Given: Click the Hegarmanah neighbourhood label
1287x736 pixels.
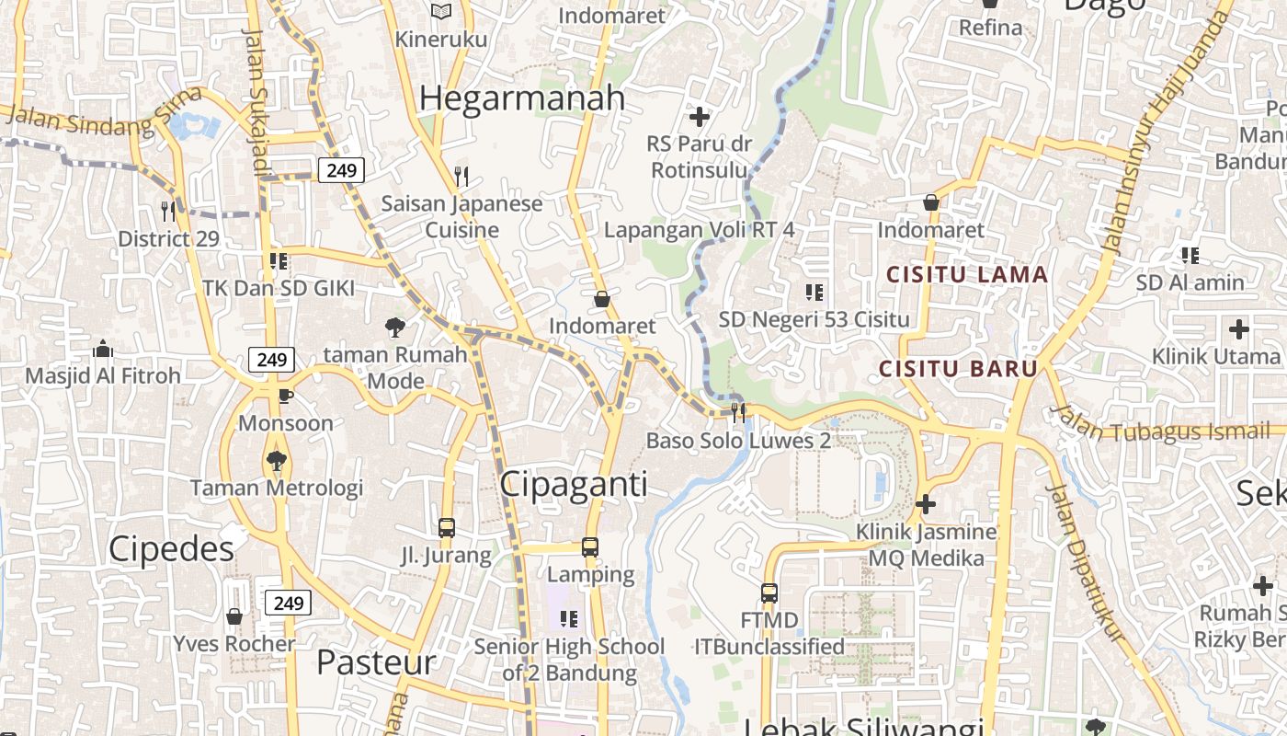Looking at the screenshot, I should pyautogui.click(x=522, y=98).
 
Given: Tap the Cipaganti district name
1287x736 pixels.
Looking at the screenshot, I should pyautogui.click(x=574, y=484).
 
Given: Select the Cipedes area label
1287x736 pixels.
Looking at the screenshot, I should pyautogui.click(x=171, y=549).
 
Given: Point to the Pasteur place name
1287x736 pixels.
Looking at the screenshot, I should pyautogui.click(x=375, y=662).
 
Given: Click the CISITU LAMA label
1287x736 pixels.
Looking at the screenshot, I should pyautogui.click(x=967, y=274).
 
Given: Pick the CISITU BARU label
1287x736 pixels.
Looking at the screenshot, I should pyautogui.click(x=958, y=369).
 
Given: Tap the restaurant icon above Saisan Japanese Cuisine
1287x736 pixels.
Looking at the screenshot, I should pyautogui.click(x=461, y=176).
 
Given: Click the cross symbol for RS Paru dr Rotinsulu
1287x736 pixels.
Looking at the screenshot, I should pyautogui.click(x=700, y=117).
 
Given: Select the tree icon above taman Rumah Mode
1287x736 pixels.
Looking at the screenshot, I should pyautogui.click(x=395, y=327).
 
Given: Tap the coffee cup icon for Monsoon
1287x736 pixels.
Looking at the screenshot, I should pyautogui.click(x=285, y=396).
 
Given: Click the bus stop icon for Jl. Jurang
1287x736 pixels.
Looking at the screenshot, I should pyautogui.click(x=446, y=528).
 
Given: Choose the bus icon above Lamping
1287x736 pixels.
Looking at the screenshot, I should pyautogui.click(x=590, y=547).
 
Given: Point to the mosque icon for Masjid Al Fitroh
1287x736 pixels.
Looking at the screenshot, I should pyautogui.click(x=103, y=349).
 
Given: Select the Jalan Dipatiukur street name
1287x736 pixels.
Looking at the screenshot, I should pyautogui.click(x=1086, y=561).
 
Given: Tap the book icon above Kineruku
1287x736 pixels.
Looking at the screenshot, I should pyautogui.click(x=441, y=11).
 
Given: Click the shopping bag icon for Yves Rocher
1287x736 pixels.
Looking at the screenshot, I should pyautogui.click(x=234, y=615).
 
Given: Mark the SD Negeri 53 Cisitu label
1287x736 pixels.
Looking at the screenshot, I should pyautogui.click(x=814, y=319).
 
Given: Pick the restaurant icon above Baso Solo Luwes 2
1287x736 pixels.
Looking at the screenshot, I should pyautogui.click(x=738, y=410).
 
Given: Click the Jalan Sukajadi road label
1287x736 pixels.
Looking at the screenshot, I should pyautogui.click(x=256, y=101).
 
